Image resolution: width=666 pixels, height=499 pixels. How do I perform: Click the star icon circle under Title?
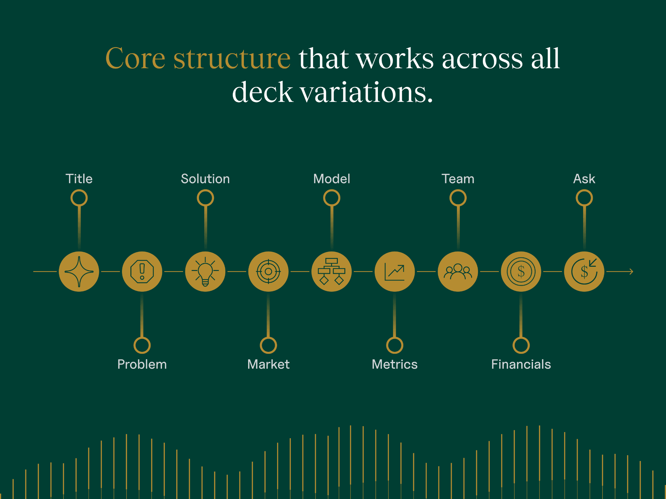(x=79, y=272)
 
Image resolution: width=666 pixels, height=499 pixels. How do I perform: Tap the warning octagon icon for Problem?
(x=142, y=272)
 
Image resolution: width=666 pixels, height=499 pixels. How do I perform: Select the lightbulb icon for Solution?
(x=205, y=272)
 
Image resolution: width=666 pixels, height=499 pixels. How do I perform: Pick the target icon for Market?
(x=268, y=272)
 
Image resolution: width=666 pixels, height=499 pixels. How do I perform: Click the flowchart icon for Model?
(x=331, y=272)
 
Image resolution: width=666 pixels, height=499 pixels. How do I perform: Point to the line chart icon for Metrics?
(x=394, y=272)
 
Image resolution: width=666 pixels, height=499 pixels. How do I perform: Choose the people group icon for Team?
(x=458, y=272)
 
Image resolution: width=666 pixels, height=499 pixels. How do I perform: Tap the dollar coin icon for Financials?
(x=521, y=272)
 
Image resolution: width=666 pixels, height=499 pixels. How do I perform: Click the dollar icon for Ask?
(x=584, y=272)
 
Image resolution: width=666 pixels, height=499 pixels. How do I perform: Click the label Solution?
(x=205, y=179)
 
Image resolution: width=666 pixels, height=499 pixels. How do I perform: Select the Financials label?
(x=521, y=365)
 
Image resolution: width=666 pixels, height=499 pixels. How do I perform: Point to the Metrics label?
(x=394, y=365)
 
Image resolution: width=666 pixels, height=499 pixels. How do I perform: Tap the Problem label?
(x=142, y=365)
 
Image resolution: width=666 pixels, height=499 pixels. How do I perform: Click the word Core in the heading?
(x=136, y=58)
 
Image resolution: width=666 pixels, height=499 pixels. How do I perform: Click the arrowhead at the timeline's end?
(x=631, y=272)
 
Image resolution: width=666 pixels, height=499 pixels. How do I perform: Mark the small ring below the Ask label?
(x=584, y=198)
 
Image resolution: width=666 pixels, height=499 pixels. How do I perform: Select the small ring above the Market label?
(x=268, y=345)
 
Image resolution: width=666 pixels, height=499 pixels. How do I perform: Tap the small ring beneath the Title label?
(x=79, y=198)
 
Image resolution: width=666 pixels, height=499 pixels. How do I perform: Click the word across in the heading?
(x=482, y=58)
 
